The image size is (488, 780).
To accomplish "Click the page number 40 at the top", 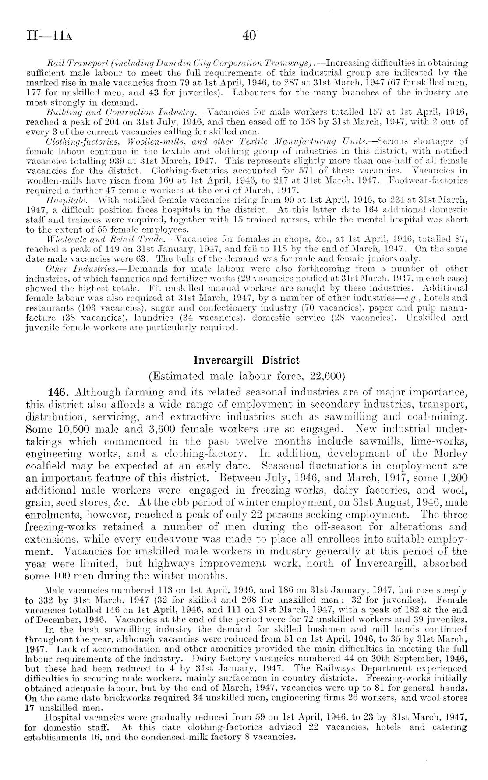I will click(245, 35).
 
